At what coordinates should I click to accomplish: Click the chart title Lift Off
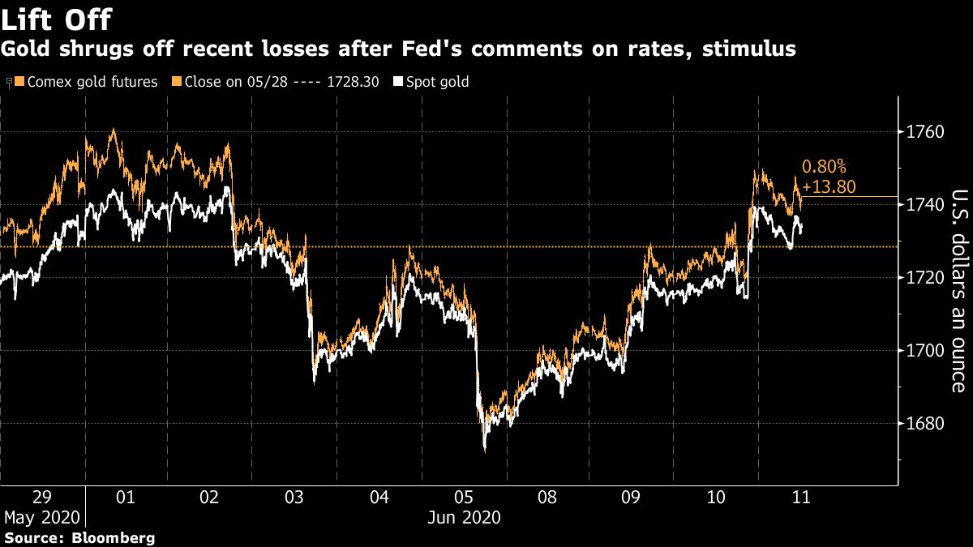pos(57,19)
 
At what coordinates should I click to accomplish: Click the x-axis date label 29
pos(41,497)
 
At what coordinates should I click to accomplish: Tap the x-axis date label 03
pos(294,497)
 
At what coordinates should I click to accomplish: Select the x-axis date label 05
pos(463,497)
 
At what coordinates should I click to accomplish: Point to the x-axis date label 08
pos(547,497)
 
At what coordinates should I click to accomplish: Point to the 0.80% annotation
pos(823,167)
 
